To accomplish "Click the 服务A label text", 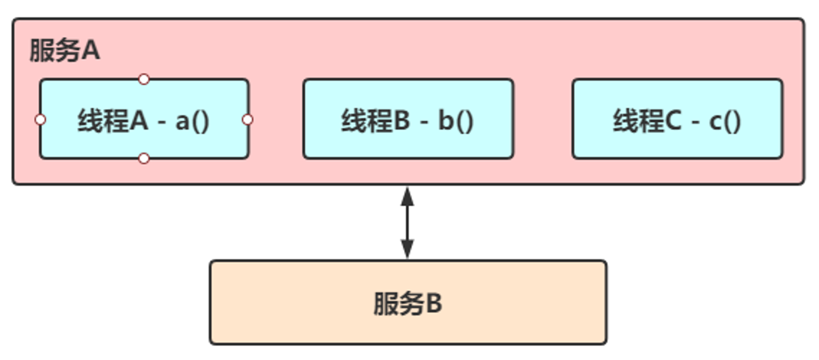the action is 65,50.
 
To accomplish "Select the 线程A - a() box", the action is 144,119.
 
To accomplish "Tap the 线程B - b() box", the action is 408,119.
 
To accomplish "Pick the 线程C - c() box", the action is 677,119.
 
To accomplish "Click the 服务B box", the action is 408,302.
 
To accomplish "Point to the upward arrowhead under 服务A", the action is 407,197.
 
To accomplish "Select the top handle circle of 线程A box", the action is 144,79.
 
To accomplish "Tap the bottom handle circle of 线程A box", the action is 144,158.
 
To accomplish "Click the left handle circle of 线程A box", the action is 40,120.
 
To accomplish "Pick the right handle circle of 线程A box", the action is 248,120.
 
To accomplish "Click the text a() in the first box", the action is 192,121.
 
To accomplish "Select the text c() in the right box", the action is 725,121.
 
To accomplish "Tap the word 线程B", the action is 376,120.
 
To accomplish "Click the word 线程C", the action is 647,120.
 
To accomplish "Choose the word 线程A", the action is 113,120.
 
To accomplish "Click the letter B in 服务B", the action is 434,303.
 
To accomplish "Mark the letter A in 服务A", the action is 91,50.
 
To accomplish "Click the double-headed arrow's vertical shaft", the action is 407,223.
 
